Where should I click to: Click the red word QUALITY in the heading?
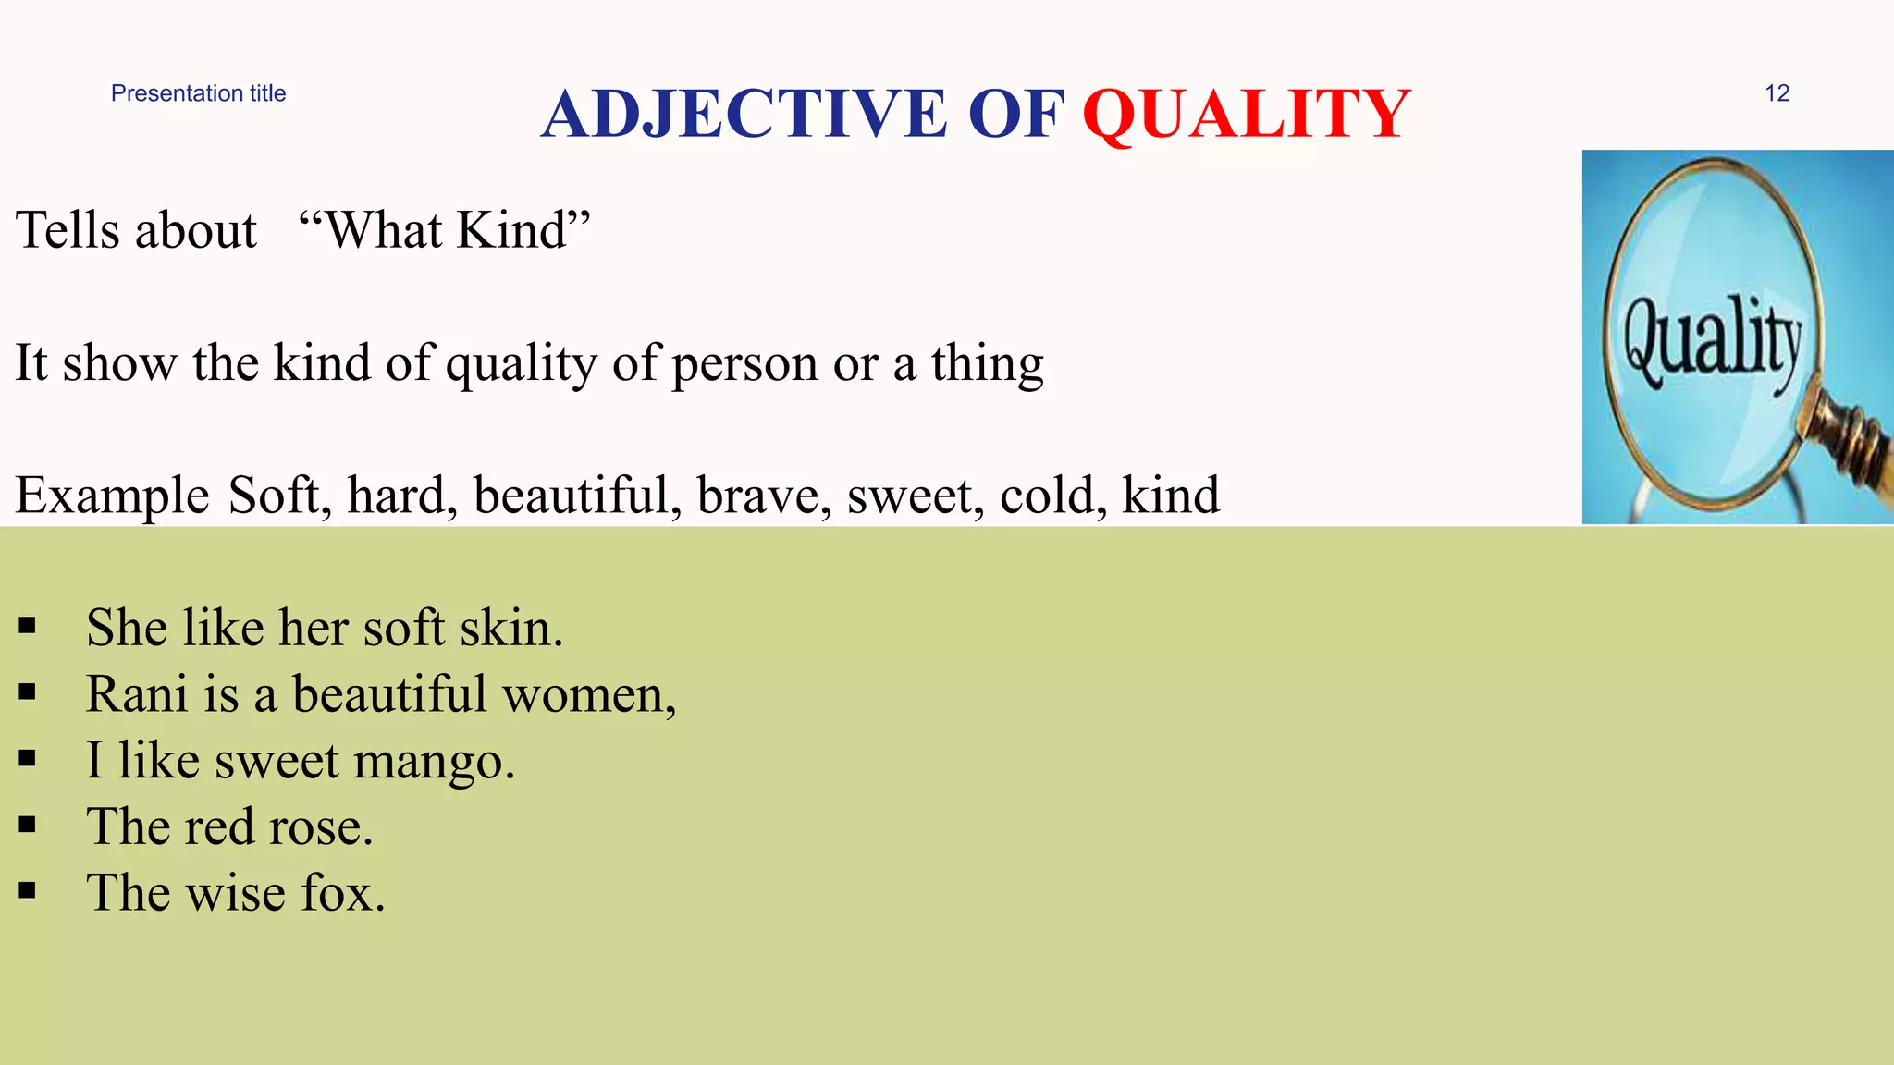pos(1246,115)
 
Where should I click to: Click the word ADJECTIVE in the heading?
pos(744,115)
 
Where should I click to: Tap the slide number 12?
pos(1777,93)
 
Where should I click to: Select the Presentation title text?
pos(198,93)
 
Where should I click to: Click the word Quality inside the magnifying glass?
pos(1713,342)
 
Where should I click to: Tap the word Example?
pos(112,496)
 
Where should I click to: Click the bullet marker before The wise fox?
pos(27,891)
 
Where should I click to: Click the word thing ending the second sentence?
pos(987,364)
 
